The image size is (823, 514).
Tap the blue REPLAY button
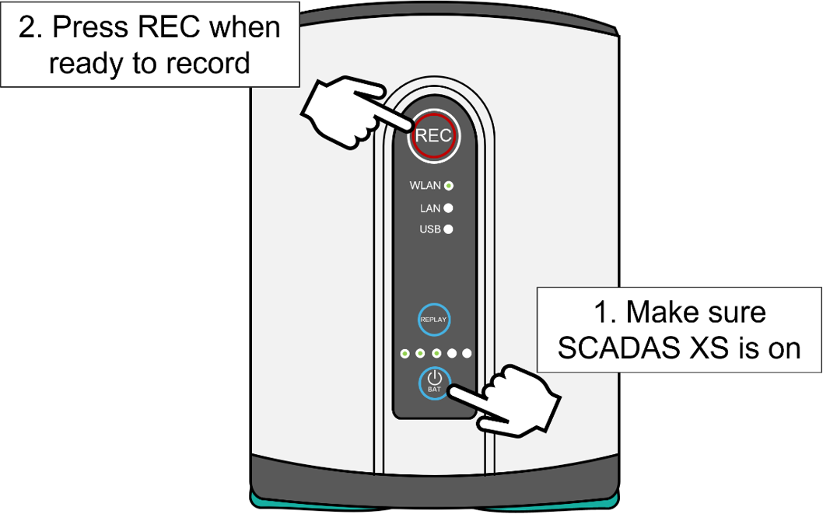[434, 319]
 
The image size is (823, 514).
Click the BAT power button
[434, 382]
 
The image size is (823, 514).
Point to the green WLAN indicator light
[449, 186]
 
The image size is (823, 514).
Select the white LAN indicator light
[448, 208]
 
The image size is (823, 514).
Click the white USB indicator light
[448, 229]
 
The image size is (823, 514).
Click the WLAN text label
[426, 186]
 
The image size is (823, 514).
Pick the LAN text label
[430, 208]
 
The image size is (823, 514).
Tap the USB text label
[430, 229]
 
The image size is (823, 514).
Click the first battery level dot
[404, 354]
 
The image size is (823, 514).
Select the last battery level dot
[467, 354]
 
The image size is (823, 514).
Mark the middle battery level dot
[436, 354]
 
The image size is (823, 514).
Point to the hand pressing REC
[342, 109]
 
